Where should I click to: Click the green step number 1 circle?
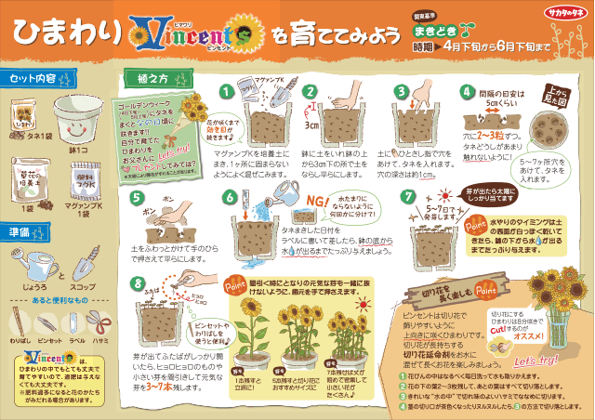pos(224,91)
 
